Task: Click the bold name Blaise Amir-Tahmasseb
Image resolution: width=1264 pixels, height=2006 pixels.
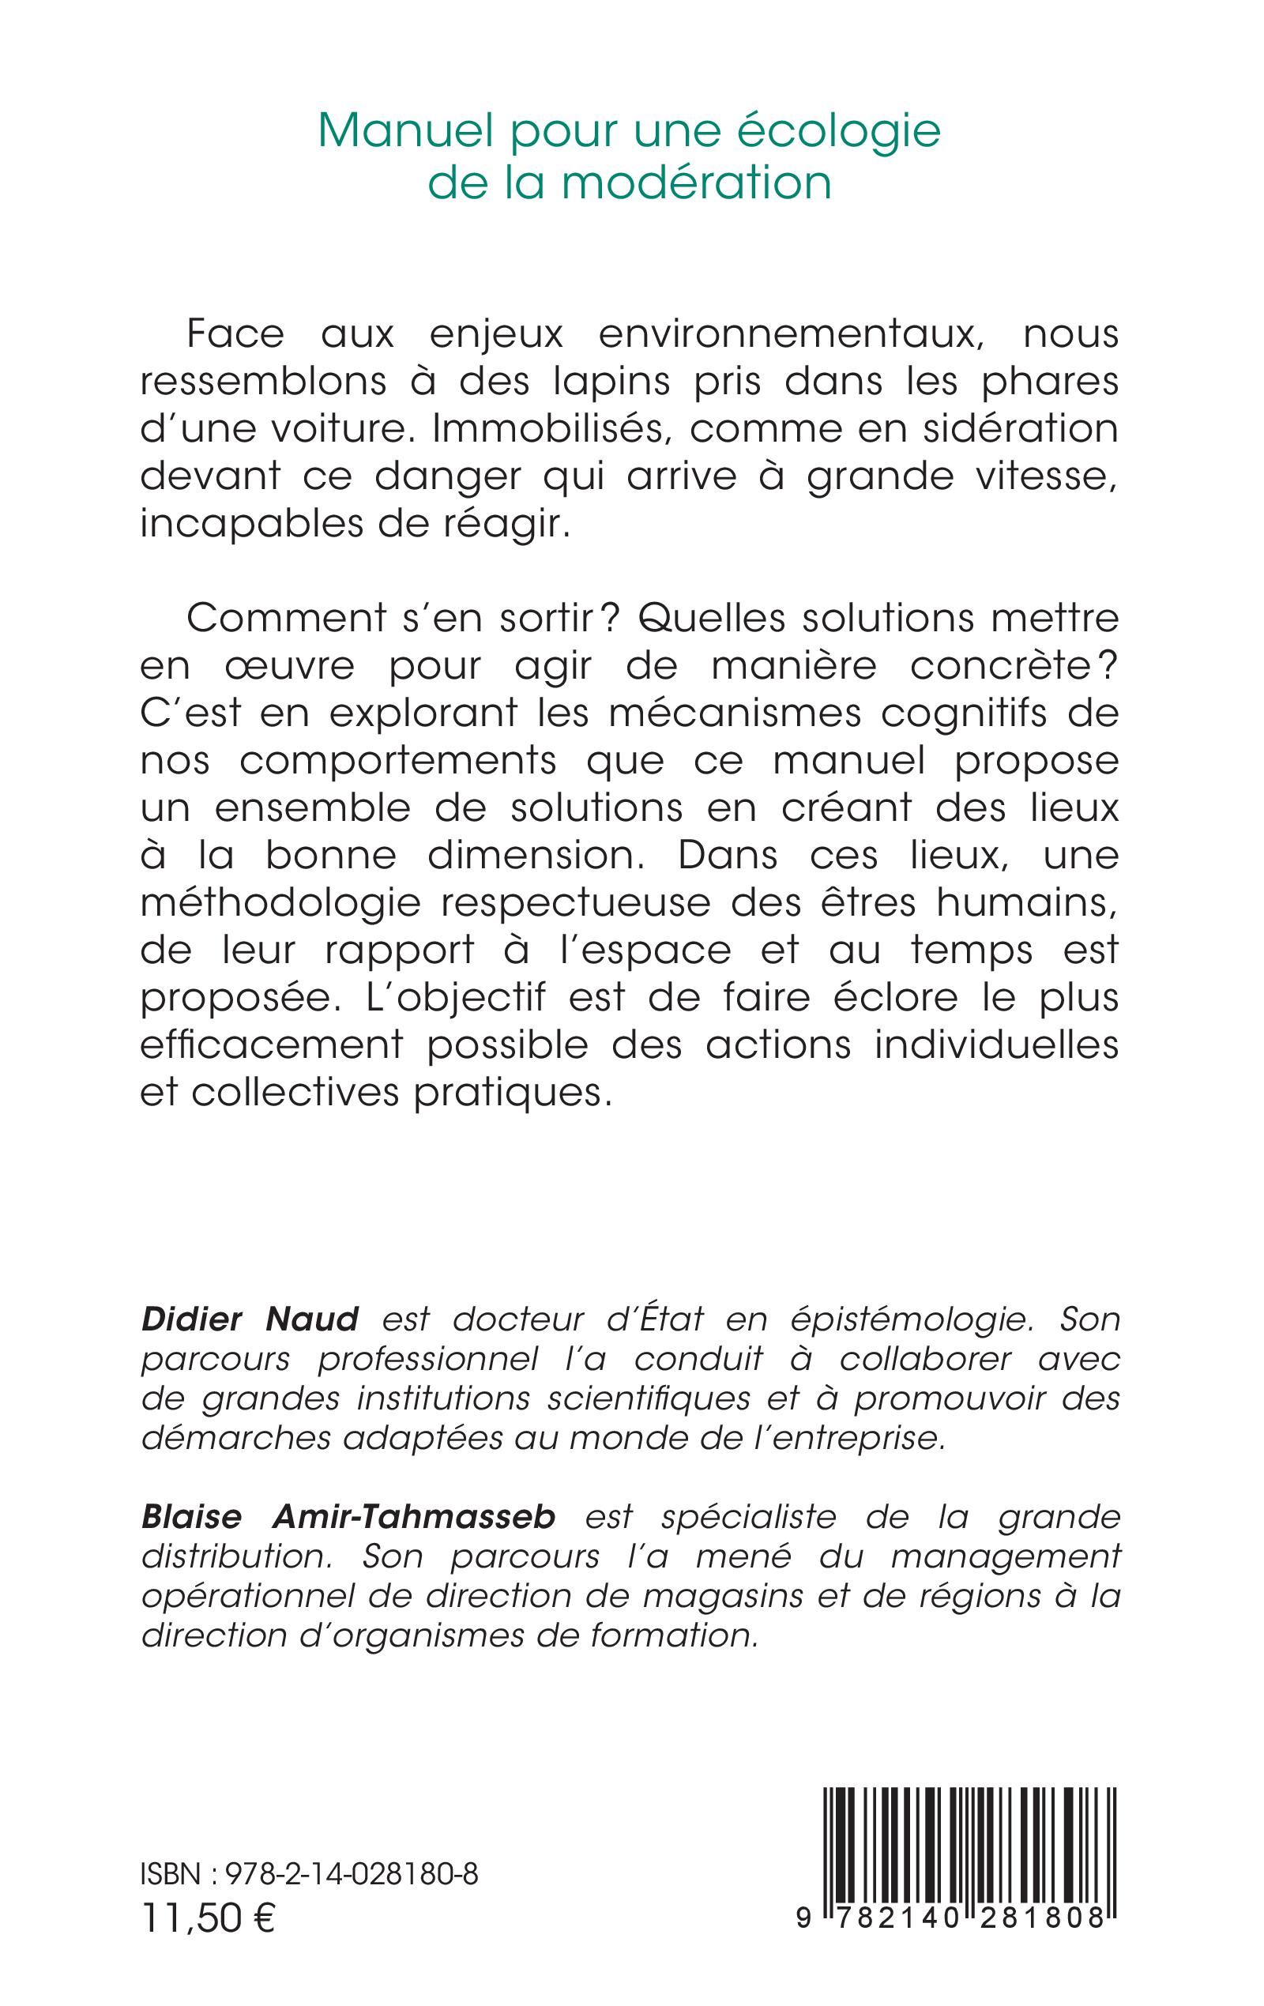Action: pos(348,1517)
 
